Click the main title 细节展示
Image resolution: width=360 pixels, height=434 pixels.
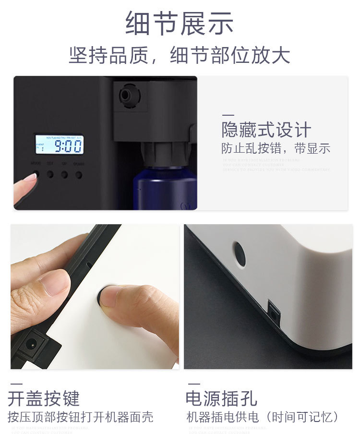pyautogui.click(x=180, y=23)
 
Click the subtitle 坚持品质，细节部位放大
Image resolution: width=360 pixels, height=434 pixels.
pyautogui.click(x=180, y=55)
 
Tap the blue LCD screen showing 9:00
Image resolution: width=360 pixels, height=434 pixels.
pyautogui.click(x=59, y=145)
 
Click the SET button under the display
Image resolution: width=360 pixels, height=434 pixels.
pyautogui.click(x=50, y=174)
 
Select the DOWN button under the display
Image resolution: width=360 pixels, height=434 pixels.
pyautogui.click(x=79, y=174)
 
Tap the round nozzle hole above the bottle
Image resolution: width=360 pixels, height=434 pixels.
pyautogui.click(x=126, y=95)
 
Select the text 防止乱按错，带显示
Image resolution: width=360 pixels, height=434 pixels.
pyautogui.click(x=276, y=148)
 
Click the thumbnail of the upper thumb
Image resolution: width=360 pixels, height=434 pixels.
pyautogui.click(x=53, y=283)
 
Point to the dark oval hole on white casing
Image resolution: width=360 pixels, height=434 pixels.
pyautogui.click(x=239, y=254)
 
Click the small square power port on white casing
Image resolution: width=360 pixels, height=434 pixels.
pyautogui.click(x=274, y=311)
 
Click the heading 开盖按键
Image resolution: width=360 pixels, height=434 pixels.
pyautogui.click(x=44, y=398)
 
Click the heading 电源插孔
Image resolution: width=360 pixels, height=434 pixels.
pyautogui.click(x=221, y=398)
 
